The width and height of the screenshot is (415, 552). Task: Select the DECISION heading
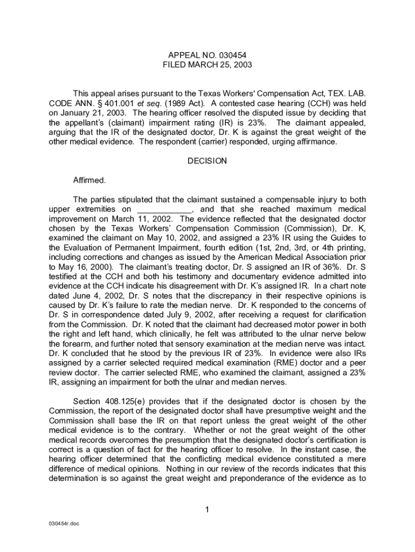[x=207, y=161]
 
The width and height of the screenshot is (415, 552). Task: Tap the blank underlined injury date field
[x=165, y=209]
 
